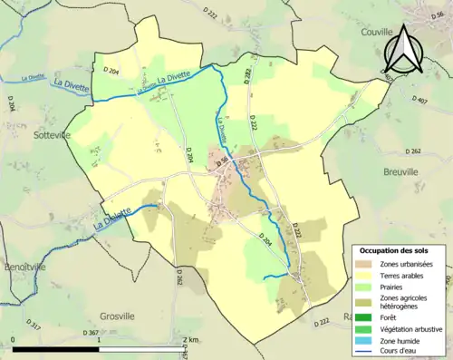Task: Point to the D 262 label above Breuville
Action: point(415,150)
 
